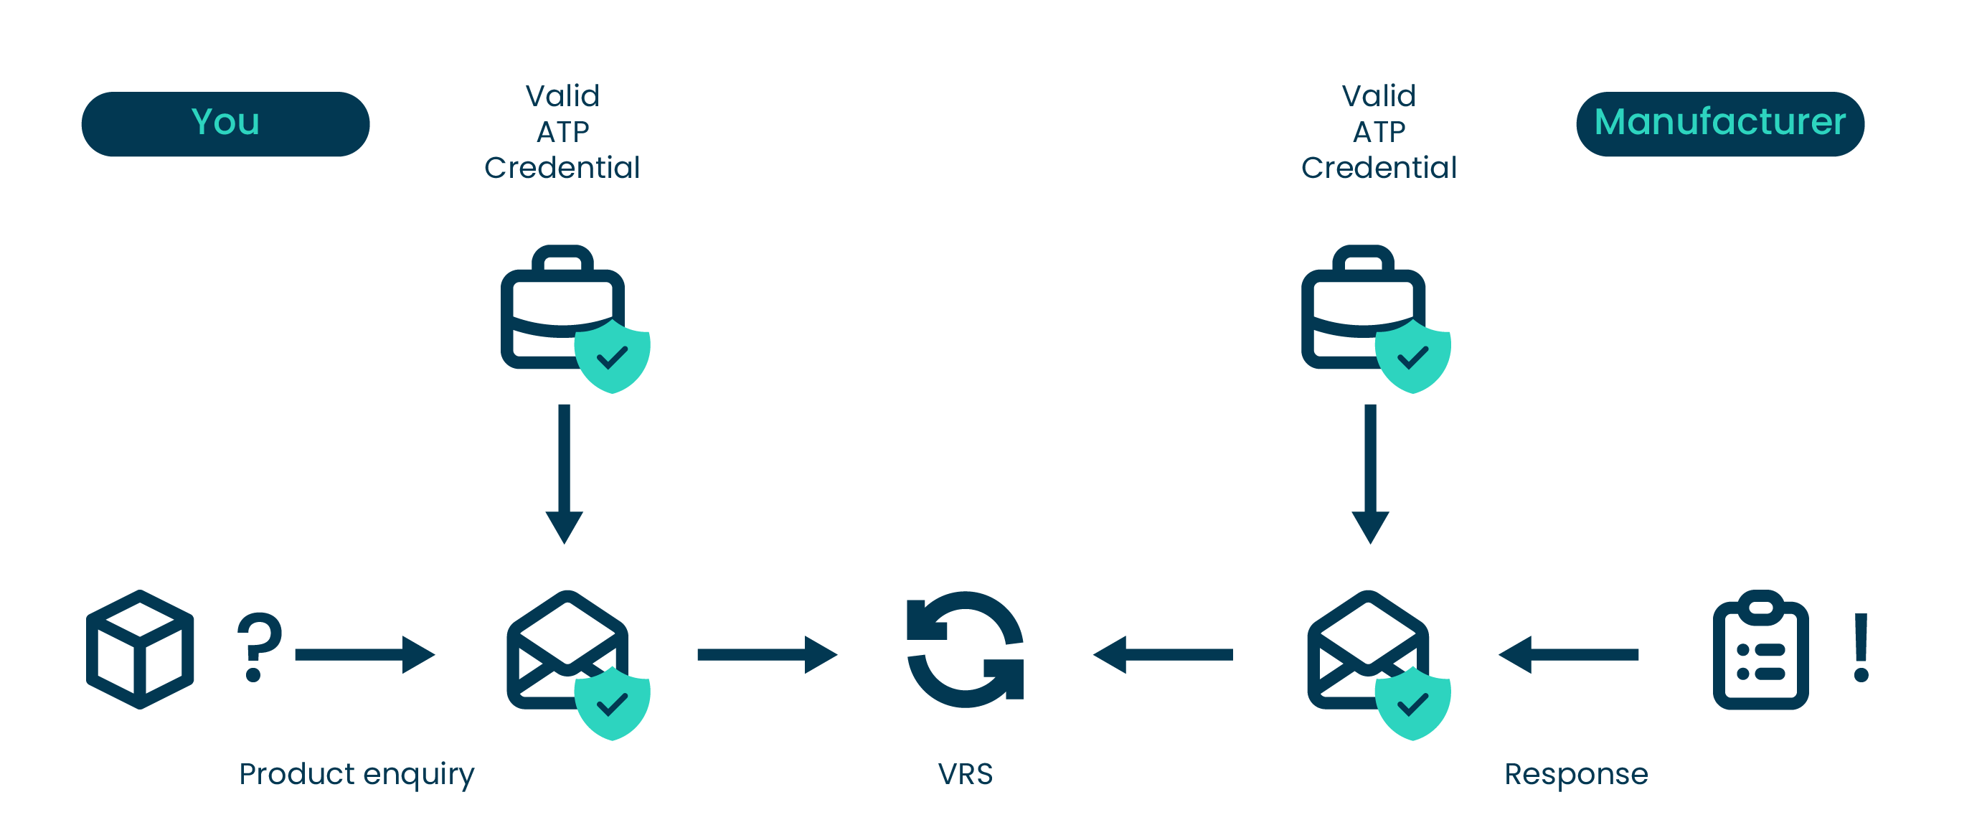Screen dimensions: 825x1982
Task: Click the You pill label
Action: click(x=225, y=123)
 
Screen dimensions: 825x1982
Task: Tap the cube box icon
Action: click(x=140, y=649)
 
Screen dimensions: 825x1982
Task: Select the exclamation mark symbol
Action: click(x=1861, y=646)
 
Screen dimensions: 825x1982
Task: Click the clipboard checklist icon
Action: click(x=1760, y=650)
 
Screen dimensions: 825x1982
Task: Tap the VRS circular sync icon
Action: click(x=965, y=649)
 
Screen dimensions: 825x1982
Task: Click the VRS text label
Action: click(x=965, y=773)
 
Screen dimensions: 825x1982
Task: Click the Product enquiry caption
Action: click(x=357, y=774)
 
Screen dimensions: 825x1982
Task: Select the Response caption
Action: click(x=1576, y=773)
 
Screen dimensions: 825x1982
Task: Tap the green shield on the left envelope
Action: click(x=613, y=702)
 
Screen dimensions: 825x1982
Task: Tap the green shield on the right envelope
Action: click(x=1412, y=702)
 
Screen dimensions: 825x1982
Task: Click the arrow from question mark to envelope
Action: click(x=364, y=654)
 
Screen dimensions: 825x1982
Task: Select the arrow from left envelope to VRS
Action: click(x=766, y=654)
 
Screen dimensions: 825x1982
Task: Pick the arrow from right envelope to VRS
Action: click(x=1163, y=654)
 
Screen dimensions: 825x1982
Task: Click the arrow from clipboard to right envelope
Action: click(x=1568, y=654)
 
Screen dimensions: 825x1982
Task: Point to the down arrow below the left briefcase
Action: click(x=564, y=473)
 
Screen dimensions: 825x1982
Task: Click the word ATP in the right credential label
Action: click(x=1379, y=131)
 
